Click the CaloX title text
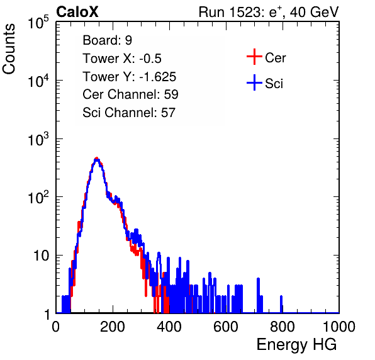(x=77, y=11)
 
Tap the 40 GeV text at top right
(x=315, y=12)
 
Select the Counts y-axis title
(x=9, y=49)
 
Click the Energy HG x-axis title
(x=296, y=345)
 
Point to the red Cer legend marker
(x=254, y=57)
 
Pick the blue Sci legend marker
(x=254, y=83)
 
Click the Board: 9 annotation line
(x=107, y=40)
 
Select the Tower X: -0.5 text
(x=122, y=59)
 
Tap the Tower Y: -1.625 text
(x=130, y=77)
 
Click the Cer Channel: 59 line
(x=130, y=94)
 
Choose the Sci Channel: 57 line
(x=129, y=113)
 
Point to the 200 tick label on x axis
(x=113, y=326)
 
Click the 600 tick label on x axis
(x=226, y=326)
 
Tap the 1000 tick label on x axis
(x=339, y=326)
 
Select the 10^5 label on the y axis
(x=38, y=22)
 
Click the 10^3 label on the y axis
(x=38, y=139)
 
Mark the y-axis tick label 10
(x=41, y=256)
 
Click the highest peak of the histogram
(x=97, y=159)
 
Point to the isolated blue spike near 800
(x=281, y=304)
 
